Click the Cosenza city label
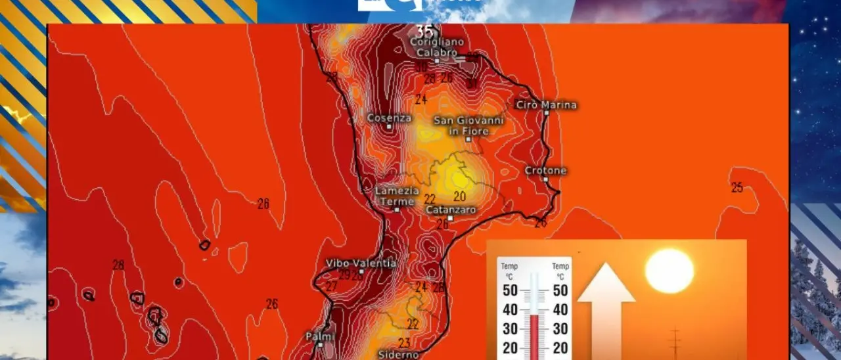[389, 118]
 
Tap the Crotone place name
[545, 171]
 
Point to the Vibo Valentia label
[361, 263]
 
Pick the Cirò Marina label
[546, 105]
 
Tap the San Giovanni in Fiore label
[468, 126]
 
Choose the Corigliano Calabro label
[437, 47]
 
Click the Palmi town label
[321, 337]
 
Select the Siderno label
[399, 355]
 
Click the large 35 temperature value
[425, 31]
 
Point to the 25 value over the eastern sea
[737, 188]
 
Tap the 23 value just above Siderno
[404, 343]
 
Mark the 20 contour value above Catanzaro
[459, 196]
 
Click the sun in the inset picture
[670, 271]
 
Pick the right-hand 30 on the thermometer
[560, 328]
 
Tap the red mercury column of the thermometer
[534, 335]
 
